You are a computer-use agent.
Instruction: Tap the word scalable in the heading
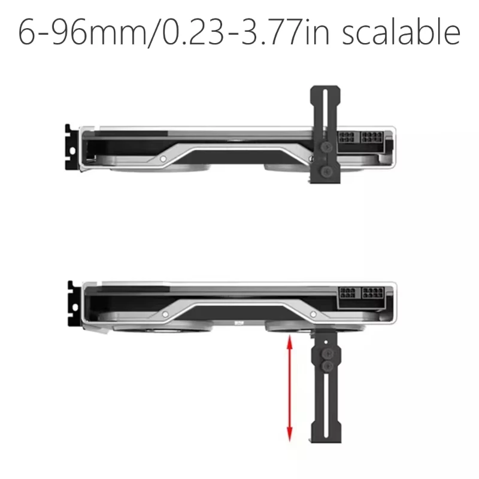click(401, 34)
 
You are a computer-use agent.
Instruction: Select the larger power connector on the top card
click(372, 140)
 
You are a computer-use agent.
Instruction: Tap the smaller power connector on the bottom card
click(347, 295)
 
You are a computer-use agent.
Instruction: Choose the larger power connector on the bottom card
click(372, 295)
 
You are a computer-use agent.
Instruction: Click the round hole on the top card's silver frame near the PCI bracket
click(163, 159)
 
